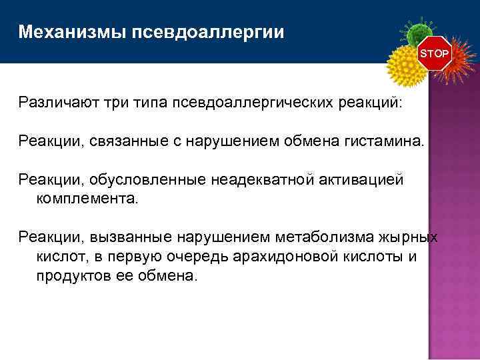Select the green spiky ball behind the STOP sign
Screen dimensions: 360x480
[418, 33]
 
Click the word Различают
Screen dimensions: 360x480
[59, 103]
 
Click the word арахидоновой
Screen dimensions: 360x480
[289, 256]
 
